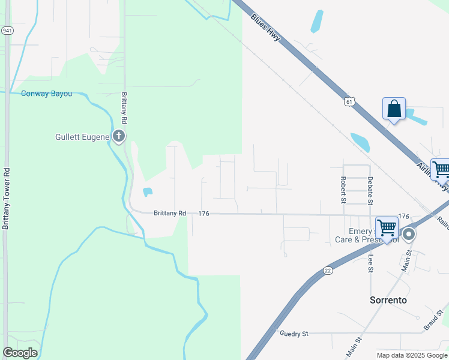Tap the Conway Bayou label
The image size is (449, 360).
pos(46,94)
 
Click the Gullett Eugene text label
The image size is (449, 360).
pos(81,137)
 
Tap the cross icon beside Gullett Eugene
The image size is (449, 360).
pos(119,136)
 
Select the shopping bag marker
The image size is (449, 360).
pos(394,109)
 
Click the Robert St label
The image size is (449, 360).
pos(343,187)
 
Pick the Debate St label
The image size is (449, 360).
pos(370,188)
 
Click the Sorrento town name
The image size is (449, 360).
pos(387,300)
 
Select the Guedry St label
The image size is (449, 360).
pos(294,333)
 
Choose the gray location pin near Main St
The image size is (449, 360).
pos(409,234)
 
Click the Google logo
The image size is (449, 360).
pos(20,353)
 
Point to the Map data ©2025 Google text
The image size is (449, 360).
pos(412,355)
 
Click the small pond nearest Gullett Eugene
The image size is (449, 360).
pos(147,193)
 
